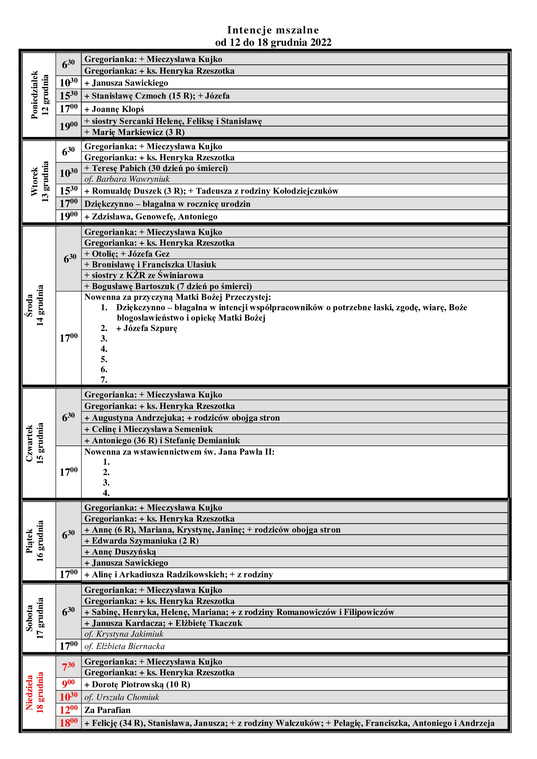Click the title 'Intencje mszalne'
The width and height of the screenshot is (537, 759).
pos(273,30)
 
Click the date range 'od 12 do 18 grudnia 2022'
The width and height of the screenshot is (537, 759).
pos(273,42)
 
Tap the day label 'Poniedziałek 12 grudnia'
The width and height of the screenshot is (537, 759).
pos(39,95)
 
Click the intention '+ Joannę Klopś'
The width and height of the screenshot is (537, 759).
pos(114,109)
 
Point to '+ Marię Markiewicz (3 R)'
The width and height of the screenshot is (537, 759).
pos(134,132)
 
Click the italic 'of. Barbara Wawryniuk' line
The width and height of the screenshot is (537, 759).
pos(127,179)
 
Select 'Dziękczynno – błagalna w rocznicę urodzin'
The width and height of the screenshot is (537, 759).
pos(167,204)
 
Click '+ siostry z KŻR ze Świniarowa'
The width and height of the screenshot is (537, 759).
pos(144,275)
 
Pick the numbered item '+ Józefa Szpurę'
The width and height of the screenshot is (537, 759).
pos(147,328)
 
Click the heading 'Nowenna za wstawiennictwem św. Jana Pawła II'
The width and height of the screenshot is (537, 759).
pos(179,452)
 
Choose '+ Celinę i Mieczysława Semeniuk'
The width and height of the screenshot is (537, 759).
pos(148,429)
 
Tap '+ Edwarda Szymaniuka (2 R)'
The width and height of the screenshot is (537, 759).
pos(142,541)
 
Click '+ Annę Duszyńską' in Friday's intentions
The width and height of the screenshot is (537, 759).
pos(120,552)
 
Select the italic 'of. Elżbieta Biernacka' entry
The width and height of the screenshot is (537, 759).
pos(125,646)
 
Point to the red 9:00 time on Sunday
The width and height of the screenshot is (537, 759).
pos(69,684)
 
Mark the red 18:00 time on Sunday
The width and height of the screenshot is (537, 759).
pos(69,723)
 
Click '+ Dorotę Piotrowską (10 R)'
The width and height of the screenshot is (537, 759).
pos(137,684)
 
